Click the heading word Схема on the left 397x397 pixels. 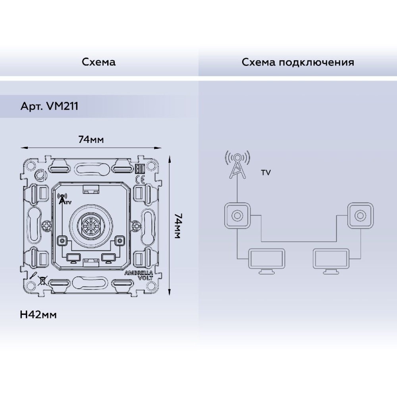(x=98, y=62)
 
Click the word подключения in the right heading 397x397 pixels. (x=316, y=62)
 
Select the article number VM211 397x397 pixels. (x=62, y=106)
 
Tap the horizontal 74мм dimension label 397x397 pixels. (x=91, y=139)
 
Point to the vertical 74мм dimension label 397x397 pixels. (x=178, y=226)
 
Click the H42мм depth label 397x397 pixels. (x=38, y=315)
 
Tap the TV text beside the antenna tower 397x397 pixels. (x=266, y=173)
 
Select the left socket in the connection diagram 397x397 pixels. (x=237, y=216)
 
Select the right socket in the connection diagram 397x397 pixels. (x=360, y=216)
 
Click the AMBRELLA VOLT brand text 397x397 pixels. (x=139, y=275)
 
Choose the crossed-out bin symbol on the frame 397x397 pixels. (x=42, y=281)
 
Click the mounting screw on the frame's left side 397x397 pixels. (x=47, y=225)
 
